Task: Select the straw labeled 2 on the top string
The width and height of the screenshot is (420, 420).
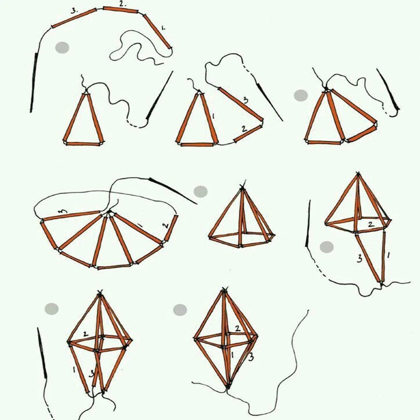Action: (120, 10)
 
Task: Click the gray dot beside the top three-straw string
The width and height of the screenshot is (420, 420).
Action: (62, 48)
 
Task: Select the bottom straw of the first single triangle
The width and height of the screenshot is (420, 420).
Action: (83, 143)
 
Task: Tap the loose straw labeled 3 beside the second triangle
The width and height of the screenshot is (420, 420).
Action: (240, 104)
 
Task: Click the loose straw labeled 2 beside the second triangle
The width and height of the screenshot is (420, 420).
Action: (247, 134)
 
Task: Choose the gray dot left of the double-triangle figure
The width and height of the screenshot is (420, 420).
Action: (301, 96)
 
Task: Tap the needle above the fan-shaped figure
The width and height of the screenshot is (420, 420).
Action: (173, 190)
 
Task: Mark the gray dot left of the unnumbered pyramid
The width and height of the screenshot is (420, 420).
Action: (201, 191)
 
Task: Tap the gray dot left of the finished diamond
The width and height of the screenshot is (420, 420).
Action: (180, 310)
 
